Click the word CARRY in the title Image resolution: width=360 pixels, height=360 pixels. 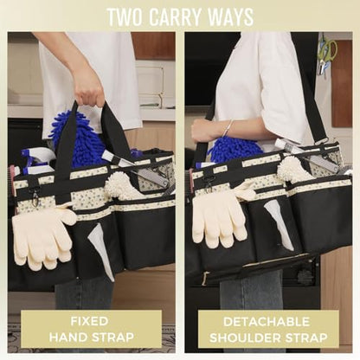(176, 17)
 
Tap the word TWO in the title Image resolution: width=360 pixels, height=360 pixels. (125, 17)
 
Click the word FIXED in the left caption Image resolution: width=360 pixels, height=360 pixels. (89, 321)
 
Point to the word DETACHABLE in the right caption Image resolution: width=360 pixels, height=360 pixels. (267, 322)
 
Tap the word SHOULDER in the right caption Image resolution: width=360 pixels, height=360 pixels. (249, 337)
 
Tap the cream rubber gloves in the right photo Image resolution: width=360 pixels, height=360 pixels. (220, 214)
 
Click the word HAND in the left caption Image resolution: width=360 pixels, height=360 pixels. (67, 337)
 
